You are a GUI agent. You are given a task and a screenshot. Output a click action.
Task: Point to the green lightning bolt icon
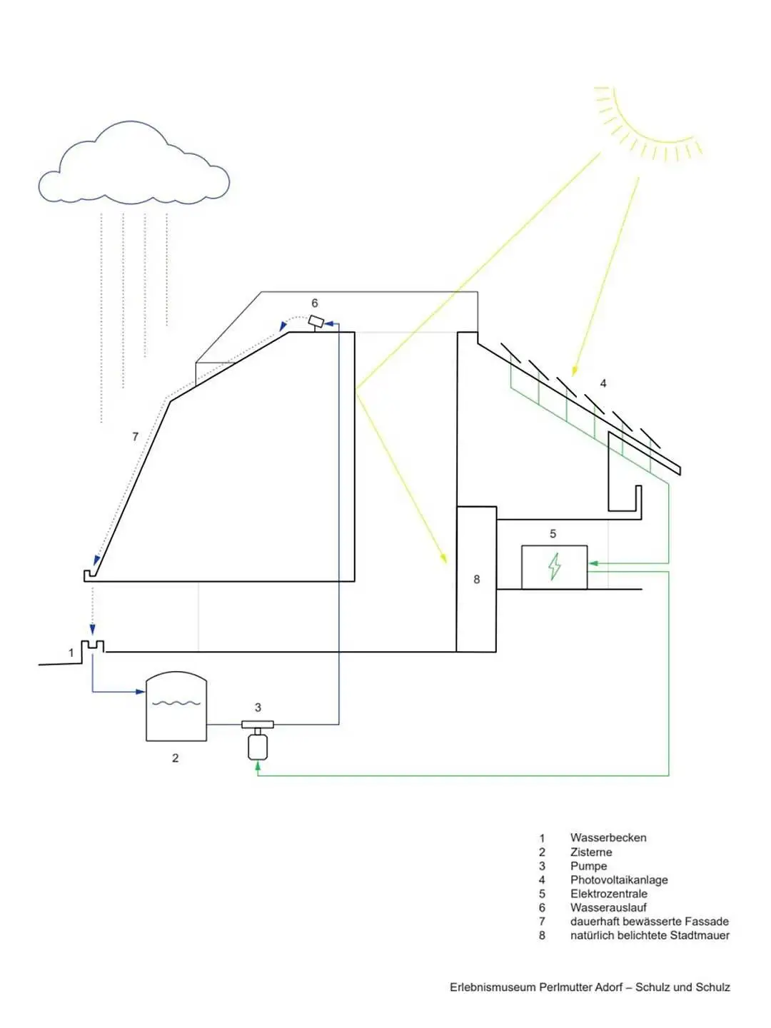pyautogui.click(x=554, y=567)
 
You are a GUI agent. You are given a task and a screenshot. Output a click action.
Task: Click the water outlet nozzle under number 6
pyautogui.click(x=316, y=322)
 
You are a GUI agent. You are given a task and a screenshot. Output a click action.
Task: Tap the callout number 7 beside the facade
pyautogui.click(x=136, y=436)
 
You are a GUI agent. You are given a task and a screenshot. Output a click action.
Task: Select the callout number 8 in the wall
pyautogui.click(x=477, y=580)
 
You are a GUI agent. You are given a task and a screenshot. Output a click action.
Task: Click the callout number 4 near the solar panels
pyautogui.click(x=603, y=383)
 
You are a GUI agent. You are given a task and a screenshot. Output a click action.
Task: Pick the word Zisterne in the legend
pyautogui.click(x=591, y=852)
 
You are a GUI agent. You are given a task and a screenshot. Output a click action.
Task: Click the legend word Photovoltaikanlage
pyautogui.click(x=619, y=880)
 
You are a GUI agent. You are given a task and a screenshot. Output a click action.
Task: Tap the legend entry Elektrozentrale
pyautogui.click(x=608, y=894)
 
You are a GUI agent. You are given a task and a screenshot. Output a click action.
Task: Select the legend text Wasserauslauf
pyautogui.click(x=608, y=907)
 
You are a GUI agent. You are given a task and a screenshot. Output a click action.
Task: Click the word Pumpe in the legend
pyautogui.click(x=588, y=866)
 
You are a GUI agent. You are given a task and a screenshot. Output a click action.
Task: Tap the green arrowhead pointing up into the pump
pyautogui.click(x=257, y=765)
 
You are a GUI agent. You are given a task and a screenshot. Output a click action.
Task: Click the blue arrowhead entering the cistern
pyautogui.click(x=140, y=692)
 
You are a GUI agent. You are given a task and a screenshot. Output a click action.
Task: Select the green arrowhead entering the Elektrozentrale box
pyautogui.click(x=593, y=563)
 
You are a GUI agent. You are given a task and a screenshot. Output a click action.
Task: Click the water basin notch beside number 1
pyautogui.click(x=93, y=647)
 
